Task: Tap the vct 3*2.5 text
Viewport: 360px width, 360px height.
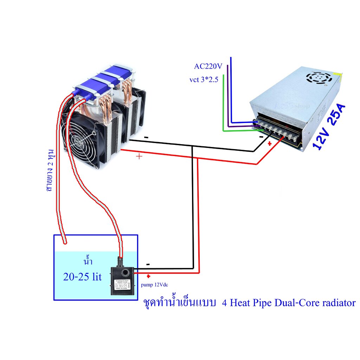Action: coord(204,80)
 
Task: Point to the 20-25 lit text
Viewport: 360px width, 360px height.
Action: coord(82,277)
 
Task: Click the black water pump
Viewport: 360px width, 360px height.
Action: coord(122,279)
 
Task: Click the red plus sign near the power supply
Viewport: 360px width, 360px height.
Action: coord(270,143)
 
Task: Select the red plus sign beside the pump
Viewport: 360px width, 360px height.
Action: coord(148,276)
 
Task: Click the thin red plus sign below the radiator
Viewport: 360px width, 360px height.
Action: coord(140,156)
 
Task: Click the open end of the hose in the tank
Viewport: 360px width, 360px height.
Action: coord(65,242)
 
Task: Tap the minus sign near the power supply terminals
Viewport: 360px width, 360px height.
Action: coord(261,136)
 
